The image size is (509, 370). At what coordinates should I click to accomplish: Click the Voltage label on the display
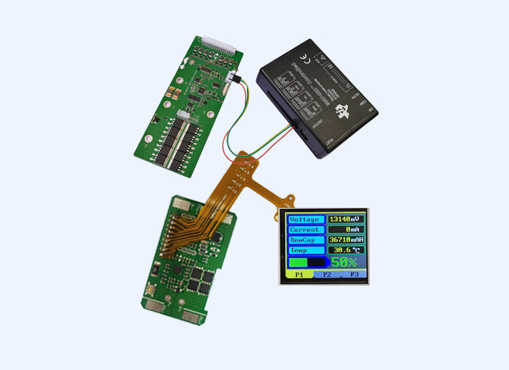pyautogui.click(x=304, y=219)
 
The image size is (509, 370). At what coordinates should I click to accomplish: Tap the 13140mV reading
pyautogui.click(x=346, y=219)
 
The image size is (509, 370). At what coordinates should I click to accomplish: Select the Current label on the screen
pyautogui.click(x=304, y=229)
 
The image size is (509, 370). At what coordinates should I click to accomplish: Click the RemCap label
pyautogui.click(x=304, y=240)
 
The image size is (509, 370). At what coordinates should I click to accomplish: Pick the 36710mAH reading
pyautogui.click(x=346, y=240)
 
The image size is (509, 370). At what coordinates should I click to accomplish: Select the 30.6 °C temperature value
pyautogui.click(x=346, y=250)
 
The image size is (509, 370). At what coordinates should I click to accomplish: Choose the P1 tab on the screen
pyautogui.click(x=299, y=274)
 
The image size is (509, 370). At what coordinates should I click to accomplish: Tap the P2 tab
pyautogui.click(x=327, y=274)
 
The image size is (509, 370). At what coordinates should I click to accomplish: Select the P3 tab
pyautogui.click(x=354, y=274)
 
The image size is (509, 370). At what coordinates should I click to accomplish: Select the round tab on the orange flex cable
pyautogui.click(x=289, y=201)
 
